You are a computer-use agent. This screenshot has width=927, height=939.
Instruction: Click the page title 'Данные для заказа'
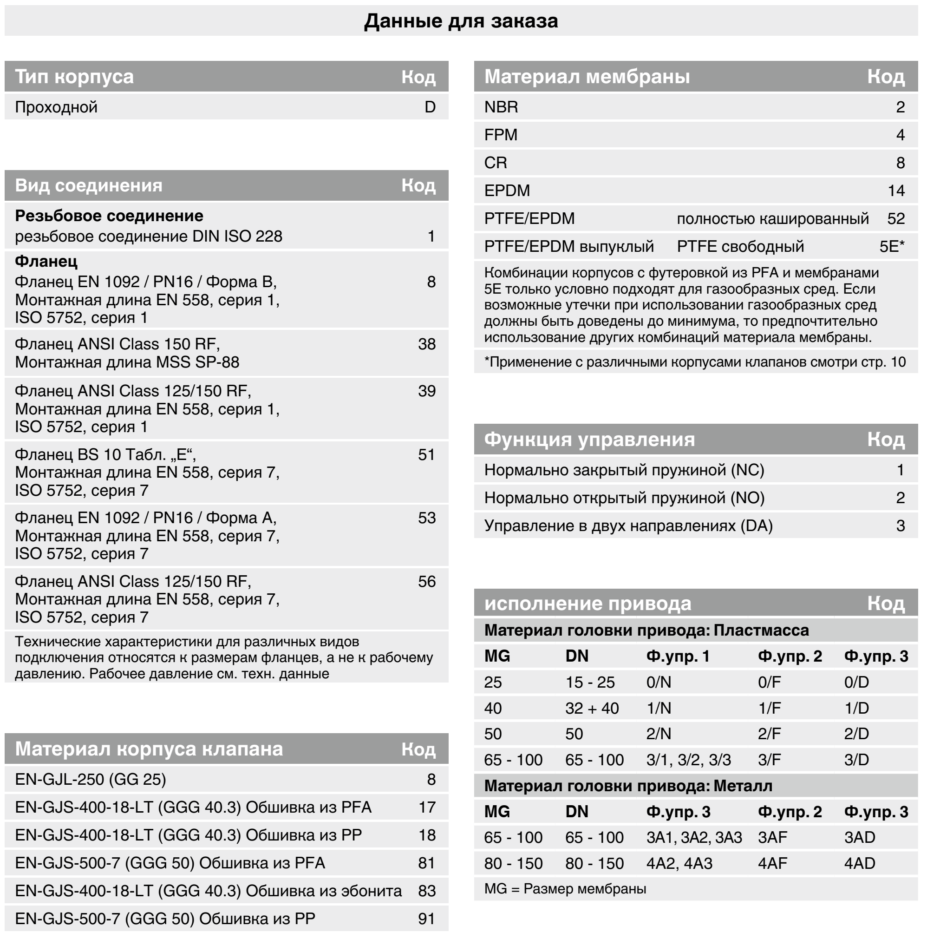[461, 21]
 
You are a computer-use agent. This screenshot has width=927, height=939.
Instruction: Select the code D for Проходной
[430, 107]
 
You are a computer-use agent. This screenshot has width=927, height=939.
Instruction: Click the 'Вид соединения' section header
[88, 186]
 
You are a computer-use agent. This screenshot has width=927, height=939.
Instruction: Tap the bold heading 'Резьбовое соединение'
[109, 216]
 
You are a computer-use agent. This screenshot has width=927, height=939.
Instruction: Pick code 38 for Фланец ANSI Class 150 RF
[426, 344]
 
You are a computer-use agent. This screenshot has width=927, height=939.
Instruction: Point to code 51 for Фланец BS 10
[426, 454]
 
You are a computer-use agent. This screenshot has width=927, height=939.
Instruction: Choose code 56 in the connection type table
[426, 581]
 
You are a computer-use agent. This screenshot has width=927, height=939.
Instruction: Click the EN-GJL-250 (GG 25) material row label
[91, 779]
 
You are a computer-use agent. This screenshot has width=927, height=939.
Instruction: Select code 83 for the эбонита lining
[426, 890]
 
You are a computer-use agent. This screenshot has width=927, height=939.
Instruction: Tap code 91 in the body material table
[426, 919]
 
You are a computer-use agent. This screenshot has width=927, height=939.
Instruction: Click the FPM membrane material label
[501, 135]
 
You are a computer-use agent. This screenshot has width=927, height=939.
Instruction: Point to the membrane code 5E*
[892, 246]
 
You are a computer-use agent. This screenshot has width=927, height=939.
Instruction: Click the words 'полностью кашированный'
[772, 219]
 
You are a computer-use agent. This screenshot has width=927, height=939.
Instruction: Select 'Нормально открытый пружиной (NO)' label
[624, 498]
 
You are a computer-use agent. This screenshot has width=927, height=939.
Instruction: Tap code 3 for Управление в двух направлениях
[900, 525]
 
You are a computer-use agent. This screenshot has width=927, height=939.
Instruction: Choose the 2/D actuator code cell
[856, 734]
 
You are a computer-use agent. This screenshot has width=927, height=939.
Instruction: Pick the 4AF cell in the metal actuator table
[772, 863]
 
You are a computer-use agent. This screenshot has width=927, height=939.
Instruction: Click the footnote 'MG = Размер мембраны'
[565, 889]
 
